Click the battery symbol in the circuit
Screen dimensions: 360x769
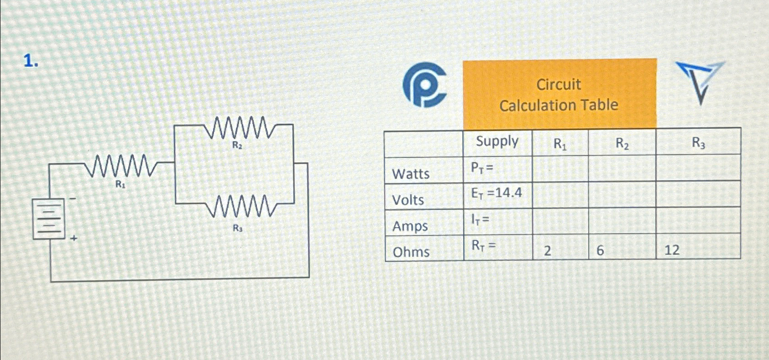point(48,219)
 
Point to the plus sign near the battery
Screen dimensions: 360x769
point(74,238)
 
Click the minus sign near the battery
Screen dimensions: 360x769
point(73,199)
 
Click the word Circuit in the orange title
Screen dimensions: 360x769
point(558,84)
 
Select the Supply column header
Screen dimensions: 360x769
point(497,141)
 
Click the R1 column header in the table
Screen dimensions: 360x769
point(560,144)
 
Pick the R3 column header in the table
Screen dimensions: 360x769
point(698,143)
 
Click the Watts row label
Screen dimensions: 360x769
point(411,174)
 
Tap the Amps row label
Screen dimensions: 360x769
point(410,226)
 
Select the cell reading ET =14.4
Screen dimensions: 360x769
point(497,193)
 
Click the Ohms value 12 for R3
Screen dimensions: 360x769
point(672,250)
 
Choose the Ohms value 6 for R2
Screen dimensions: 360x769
point(600,250)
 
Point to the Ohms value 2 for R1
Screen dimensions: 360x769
point(548,250)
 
